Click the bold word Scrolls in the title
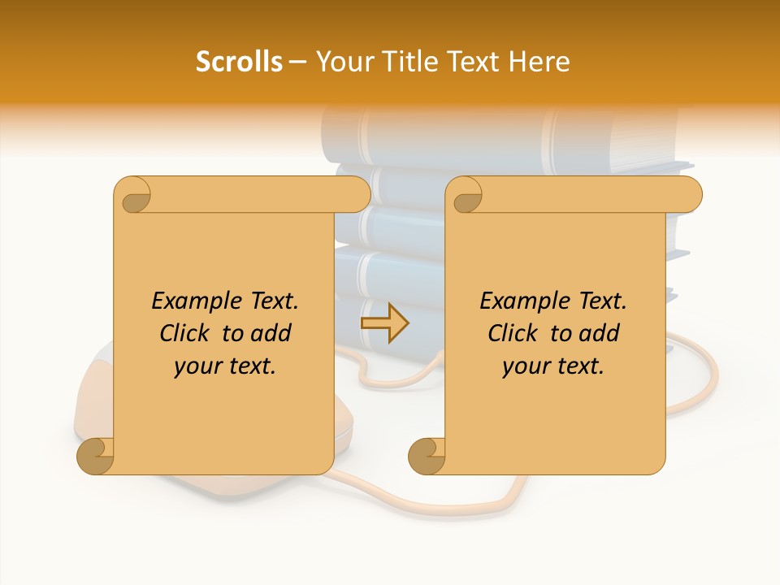click(240, 61)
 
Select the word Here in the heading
click(539, 61)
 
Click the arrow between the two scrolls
click(384, 323)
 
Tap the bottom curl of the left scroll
click(96, 456)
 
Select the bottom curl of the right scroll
click(427, 456)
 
